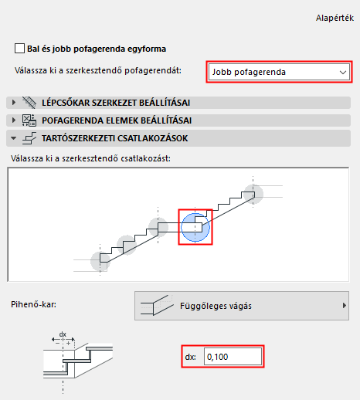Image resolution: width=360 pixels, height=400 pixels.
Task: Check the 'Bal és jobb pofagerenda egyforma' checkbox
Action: point(19,47)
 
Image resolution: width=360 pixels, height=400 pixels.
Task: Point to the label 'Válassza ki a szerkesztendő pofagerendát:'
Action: point(97,71)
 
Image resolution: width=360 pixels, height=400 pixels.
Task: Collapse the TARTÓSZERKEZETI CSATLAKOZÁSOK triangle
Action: point(13,138)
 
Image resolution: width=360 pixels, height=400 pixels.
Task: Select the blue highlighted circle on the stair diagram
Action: point(195,226)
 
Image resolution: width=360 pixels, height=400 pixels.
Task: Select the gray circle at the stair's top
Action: point(253,194)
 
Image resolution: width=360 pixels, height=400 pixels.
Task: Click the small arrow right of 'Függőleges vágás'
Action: point(344,306)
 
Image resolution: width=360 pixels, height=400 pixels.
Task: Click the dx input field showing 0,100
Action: point(232,357)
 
